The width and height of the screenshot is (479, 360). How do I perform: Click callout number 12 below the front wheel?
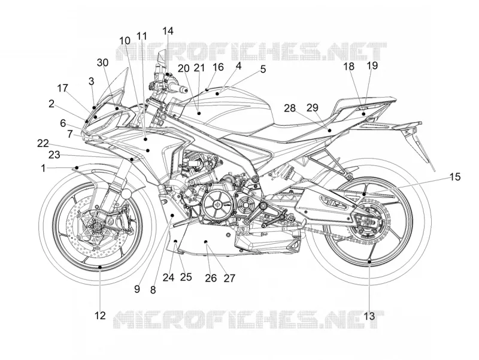pos(100,315)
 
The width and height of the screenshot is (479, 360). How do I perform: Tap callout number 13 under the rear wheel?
pos(369,316)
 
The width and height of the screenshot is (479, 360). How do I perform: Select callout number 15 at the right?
pos(455,177)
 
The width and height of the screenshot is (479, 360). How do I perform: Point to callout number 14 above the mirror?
pos(168,31)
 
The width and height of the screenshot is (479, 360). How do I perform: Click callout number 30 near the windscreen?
pos(102,63)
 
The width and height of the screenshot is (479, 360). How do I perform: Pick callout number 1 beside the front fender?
pos(43,168)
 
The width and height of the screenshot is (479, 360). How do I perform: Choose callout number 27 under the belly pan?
pos(229,278)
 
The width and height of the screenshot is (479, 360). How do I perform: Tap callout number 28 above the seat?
pos(290,108)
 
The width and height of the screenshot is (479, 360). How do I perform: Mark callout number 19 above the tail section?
pos(372,65)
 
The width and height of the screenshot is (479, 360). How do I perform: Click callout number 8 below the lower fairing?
pos(153,290)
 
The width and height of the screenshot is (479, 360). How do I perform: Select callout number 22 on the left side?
pos(43,143)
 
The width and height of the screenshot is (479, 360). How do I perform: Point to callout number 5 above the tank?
pos(263,69)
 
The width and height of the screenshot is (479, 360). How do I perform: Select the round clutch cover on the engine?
pos(217,204)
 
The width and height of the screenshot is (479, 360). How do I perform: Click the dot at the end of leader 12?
pos(100,267)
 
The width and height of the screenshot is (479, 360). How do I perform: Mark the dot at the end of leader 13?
pos(369,262)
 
